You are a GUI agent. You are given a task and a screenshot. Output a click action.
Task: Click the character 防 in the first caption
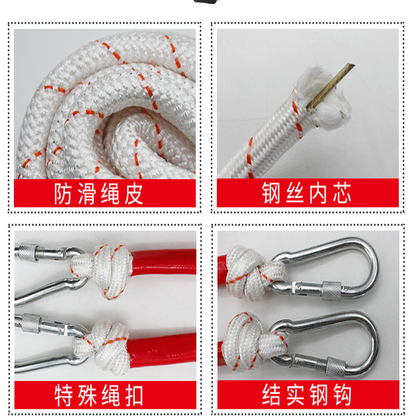coord(63,194)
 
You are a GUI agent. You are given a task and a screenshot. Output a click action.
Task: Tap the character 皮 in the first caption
coord(134,194)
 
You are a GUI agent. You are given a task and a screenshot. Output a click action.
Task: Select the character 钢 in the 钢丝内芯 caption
coord(271,193)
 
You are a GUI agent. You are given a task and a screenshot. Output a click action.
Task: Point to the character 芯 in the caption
coord(342,193)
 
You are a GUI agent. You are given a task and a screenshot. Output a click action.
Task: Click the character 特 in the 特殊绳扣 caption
coord(64,395)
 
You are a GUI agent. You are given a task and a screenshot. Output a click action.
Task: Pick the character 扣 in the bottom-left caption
coord(134,395)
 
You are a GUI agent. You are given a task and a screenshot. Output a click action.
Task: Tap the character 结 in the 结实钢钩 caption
coord(271,395)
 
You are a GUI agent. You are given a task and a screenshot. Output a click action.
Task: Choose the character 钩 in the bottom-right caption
coord(343,395)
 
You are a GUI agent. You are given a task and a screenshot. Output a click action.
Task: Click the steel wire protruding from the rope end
coord(331,86)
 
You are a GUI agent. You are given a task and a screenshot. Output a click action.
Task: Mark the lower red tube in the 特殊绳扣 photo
coord(163,349)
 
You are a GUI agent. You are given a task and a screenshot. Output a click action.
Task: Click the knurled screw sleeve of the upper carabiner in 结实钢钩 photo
coord(332,291)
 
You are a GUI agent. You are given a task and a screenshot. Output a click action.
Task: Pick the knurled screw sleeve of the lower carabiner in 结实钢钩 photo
coord(336,367)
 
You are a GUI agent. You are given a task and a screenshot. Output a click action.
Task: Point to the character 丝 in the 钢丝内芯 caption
coord(295,193)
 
